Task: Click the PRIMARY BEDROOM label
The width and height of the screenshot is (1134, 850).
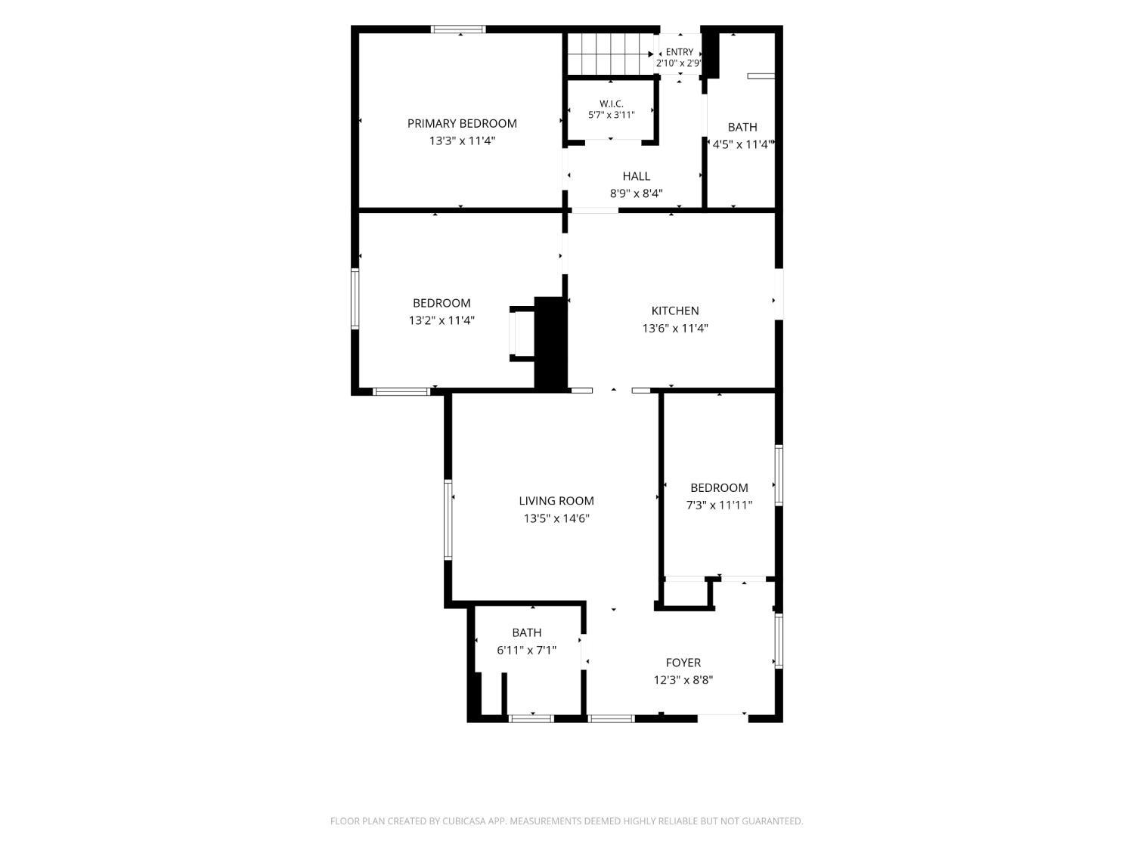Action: pyautogui.click(x=461, y=123)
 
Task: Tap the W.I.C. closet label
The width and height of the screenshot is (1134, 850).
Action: pyautogui.click(x=611, y=104)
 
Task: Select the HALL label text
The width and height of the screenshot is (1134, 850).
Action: pyautogui.click(x=636, y=177)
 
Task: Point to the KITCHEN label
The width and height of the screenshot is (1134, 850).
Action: pyautogui.click(x=674, y=311)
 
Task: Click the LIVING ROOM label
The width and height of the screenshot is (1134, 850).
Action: pyautogui.click(x=556, y=501)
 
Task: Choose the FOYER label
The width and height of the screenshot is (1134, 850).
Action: pyautogui.click(x=683, y=663)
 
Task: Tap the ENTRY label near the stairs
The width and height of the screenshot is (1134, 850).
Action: pyautogui.click(x=680, y=52)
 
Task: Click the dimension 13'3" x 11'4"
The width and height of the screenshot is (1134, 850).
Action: pyautogui.click(x=462, y=141)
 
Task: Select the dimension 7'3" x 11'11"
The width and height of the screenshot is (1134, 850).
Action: pyautogui.click(x=719, y=505)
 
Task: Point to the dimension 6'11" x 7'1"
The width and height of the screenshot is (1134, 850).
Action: pyautogui.click(x=526, y=651)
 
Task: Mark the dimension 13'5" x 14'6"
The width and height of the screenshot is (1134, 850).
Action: pyautogui.click(x=556, y=518)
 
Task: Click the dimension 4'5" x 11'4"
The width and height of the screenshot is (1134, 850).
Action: pyautogui.click(x=742, y=144)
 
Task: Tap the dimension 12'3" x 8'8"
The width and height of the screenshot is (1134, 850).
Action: pyautogui.click(x=683, y=680)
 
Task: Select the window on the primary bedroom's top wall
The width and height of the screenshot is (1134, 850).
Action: pyautogui.click(x=458, y=29)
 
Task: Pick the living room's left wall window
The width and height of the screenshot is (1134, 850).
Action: pyautogui.click(x=448, y=520)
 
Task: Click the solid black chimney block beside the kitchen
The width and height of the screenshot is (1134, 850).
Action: pyautogui.click(x=550, y=343)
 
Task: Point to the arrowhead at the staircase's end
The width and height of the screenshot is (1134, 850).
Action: pyautogui.click(x=651, y=54)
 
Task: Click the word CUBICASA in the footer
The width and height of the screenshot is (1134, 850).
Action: pyautogui.click(x=463, y=821)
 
